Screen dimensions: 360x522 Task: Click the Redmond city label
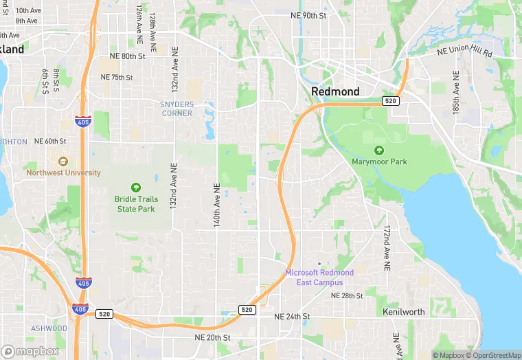[335, 91]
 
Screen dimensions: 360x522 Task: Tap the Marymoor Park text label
[379, 162]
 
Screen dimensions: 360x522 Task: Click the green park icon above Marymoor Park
[378, 150]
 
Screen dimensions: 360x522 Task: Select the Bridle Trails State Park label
[135, 204]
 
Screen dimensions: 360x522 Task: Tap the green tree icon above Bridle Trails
[135, 187]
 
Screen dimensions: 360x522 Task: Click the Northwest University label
[63, 173]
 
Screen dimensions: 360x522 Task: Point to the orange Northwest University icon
[63, 161]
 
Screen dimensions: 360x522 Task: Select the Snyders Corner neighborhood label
[177, 109]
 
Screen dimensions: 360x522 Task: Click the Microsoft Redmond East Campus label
[319, 278]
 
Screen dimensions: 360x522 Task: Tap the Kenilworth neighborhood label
[403, 312]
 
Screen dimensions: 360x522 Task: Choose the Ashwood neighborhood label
[49, 328]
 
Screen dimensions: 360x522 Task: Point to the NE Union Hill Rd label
[465, 52]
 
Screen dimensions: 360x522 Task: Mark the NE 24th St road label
[293, 317]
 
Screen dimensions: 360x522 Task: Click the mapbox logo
[30, 351]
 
